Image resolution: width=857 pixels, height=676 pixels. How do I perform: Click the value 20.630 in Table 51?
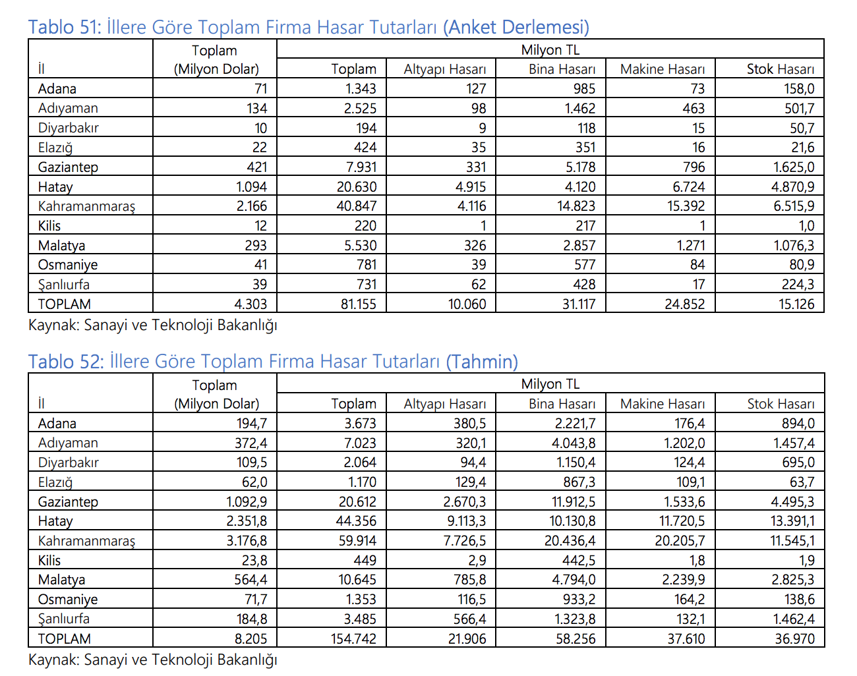357,187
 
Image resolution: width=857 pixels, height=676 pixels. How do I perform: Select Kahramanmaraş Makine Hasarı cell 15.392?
686,206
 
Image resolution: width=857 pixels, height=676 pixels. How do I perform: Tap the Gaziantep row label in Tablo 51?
68,167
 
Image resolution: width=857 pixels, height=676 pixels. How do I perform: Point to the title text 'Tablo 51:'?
65,27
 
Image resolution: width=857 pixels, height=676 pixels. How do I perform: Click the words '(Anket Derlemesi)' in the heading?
516,27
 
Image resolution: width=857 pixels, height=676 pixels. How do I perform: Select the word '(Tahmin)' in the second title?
482,362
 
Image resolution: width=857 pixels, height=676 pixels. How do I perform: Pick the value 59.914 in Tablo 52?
357,541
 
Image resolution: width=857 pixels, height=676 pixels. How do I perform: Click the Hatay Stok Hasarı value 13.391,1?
792,521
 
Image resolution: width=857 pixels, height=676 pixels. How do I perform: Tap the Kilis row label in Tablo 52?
49,561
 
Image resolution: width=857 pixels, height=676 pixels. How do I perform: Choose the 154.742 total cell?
354,639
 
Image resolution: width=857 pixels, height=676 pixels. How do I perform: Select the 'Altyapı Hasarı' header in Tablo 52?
445,404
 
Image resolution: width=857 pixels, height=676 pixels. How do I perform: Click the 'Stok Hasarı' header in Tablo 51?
781,69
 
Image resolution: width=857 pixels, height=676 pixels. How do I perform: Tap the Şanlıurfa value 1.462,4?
794,619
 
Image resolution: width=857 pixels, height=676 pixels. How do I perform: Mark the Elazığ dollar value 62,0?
254,482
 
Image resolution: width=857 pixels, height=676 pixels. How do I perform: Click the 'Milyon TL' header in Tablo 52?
550,384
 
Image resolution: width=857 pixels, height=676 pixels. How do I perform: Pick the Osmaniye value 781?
367,265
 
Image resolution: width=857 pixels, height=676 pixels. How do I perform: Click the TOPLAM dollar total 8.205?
251,639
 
